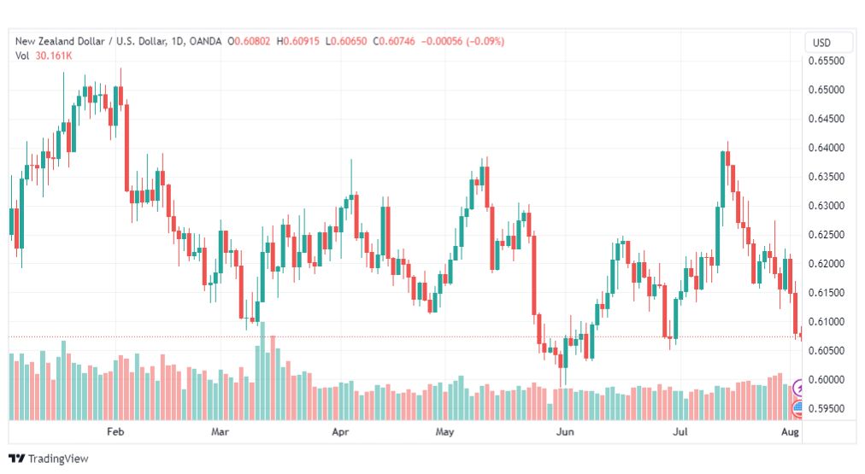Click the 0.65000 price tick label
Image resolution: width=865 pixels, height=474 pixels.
tap(826, 90)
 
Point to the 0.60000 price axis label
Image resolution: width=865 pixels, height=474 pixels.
tap(826, 380)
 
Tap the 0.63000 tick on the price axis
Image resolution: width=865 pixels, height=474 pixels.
tap(826, 206)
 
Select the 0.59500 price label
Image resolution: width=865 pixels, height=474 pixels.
tap(826, 408)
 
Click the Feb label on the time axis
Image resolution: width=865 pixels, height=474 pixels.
tap(115, 431)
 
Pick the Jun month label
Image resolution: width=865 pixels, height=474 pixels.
tap(565, 431)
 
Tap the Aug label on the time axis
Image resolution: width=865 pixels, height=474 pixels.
tap(790, 431)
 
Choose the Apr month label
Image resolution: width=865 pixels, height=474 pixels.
tap(340, 431)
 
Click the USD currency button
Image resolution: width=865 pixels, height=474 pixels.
tap(821, 43)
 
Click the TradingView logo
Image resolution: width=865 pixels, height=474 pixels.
tap(49, 459)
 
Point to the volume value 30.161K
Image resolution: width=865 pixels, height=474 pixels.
tap(54, 56)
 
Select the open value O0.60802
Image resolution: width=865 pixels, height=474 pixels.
tap(249, 41)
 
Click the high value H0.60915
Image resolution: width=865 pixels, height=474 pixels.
tap(298, 41)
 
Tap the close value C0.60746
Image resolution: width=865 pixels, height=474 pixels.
tap(394, 41)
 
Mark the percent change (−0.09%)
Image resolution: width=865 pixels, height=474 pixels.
tap(485, 41)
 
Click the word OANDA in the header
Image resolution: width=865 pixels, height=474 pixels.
tap(205, 41)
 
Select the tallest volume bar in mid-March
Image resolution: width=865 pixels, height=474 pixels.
tap(262, 371)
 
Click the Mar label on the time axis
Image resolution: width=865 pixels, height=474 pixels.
tap(220, 431)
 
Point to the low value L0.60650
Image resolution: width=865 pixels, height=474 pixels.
tap(346, 41)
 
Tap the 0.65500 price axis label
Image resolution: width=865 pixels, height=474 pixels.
tap(826, 61)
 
